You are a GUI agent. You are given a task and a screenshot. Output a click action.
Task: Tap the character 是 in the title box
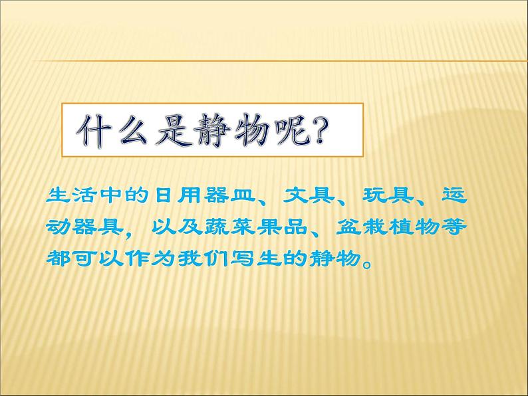174,130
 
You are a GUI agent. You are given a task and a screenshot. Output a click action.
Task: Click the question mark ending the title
321,130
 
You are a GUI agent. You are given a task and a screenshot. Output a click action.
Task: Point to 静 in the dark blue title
213,130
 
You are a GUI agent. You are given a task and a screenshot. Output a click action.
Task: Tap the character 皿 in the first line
243,195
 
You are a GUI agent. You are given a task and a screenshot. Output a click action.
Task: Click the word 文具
309,195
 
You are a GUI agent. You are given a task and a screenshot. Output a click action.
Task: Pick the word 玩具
388,195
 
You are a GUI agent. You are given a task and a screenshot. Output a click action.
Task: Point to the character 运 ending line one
455,195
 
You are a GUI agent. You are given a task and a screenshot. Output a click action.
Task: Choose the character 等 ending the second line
455,227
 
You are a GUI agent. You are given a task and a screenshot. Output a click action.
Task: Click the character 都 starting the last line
59,258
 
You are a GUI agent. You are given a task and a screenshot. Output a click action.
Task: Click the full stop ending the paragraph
368,263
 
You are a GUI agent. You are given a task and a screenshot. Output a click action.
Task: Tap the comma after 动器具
129,233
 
